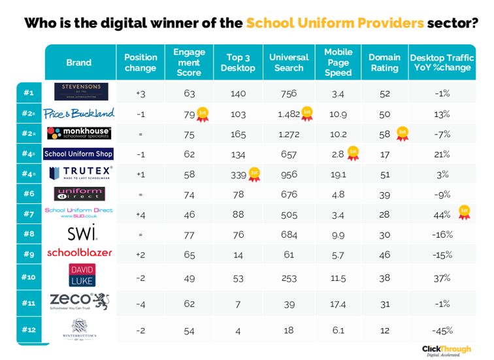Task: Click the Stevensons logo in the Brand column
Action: (81, 91)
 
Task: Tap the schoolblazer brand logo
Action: (80, 252)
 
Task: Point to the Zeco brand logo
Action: (78, 301)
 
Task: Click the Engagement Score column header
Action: (189, 62)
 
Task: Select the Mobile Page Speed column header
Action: (338, 62)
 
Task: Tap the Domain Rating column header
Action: (384, 63)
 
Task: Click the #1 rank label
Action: (29, 93)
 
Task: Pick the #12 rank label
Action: (29, 330)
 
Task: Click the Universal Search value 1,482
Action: (288, 114)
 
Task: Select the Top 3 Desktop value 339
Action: (238, 174)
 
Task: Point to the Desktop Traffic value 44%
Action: (442, 214)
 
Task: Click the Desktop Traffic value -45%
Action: (442, 331)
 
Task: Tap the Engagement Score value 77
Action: (189, 234)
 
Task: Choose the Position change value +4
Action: (140, 214)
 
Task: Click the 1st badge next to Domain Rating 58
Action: (403, 133)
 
